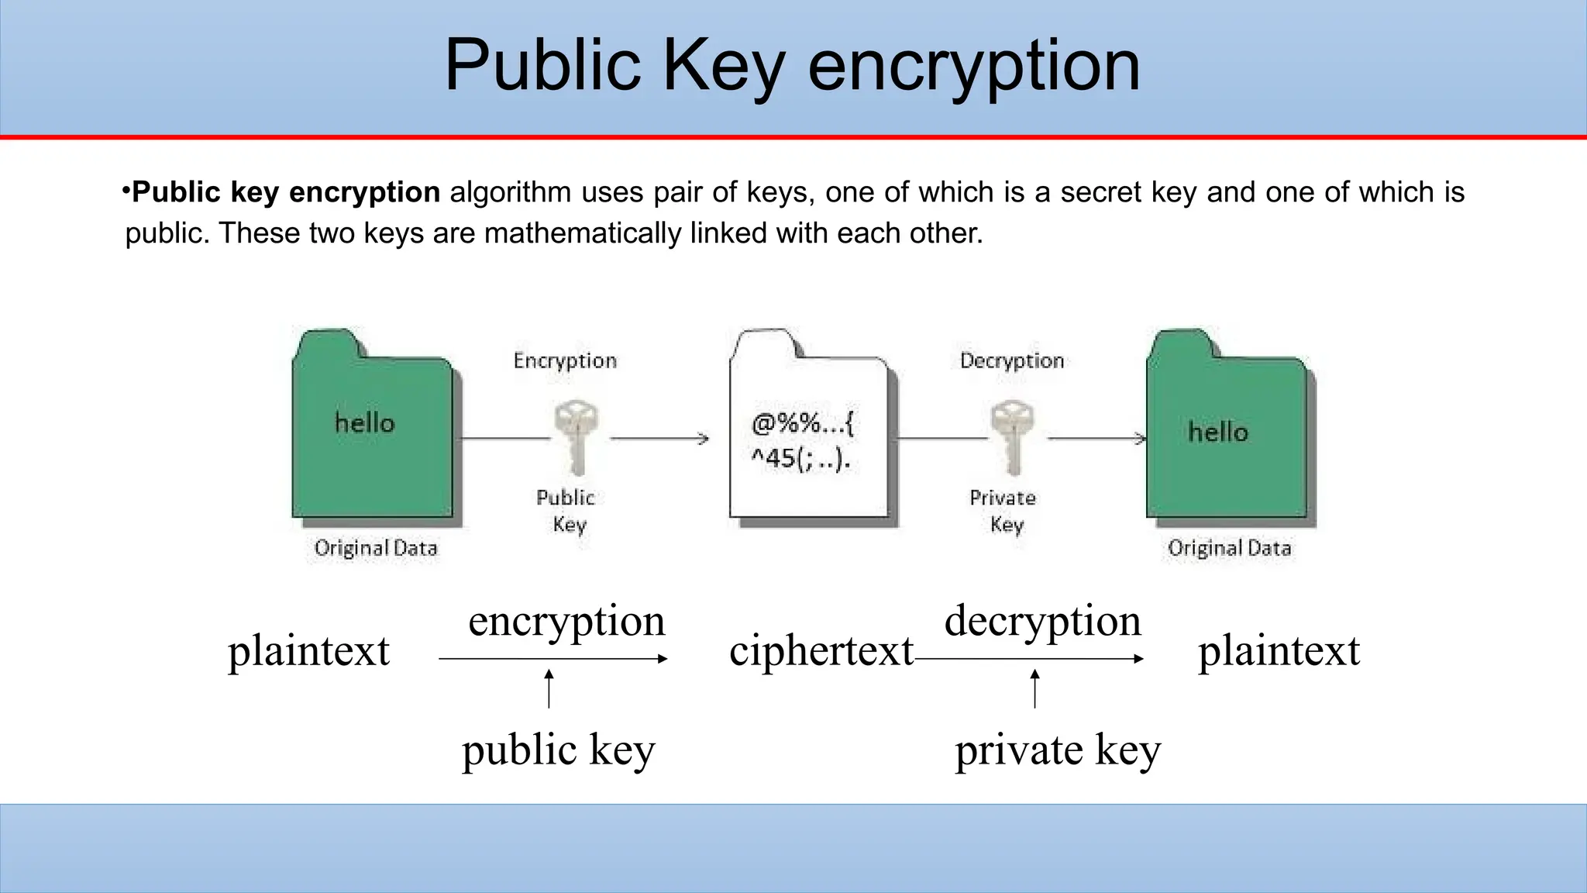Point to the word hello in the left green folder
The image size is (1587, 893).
point(364,423)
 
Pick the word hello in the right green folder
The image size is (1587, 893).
point(1218,432)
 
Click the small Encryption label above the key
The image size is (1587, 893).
point(565,360)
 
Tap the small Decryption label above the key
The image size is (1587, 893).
point(1012,360)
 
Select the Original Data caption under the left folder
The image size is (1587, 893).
point(376,548)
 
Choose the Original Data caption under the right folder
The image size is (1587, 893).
point(1230,548)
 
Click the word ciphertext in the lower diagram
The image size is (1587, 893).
point(821,650)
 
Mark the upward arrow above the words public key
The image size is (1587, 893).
point(549,688)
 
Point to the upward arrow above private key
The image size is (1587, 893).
point(1034,688)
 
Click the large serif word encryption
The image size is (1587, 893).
point(566,622)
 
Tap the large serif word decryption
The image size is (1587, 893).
point(1042,622)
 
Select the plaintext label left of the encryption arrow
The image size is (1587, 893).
point(308,650)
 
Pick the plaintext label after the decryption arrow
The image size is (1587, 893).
point(1279,650)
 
